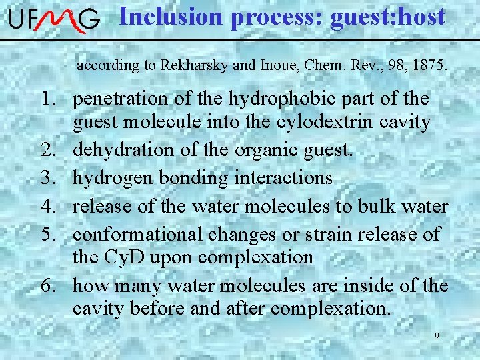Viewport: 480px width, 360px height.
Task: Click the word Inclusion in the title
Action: click(x=171, y=16)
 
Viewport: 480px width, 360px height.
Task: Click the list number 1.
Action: click(x=47, y=99)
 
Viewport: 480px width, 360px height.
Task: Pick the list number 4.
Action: click(x=47, y=207)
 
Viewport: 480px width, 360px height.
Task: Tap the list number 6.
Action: click(x=47, y=287)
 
